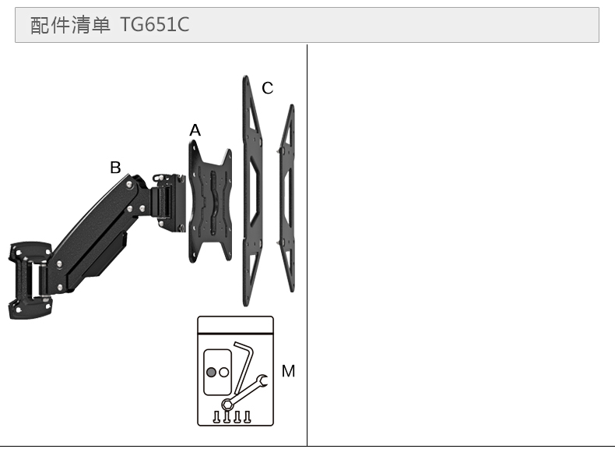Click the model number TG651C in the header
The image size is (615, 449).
click(x=154, y=24)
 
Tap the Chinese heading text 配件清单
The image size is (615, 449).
click(x=70, y=25)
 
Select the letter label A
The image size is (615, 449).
click(x=195, y=130)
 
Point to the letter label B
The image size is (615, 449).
click(x=115, y=168)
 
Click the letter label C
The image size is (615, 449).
click(x=268, y=88)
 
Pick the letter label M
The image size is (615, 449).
click(x=288, y=371)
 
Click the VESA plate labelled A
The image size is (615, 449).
click(x=210, y=202)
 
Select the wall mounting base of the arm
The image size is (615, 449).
click(x=30, y=280)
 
